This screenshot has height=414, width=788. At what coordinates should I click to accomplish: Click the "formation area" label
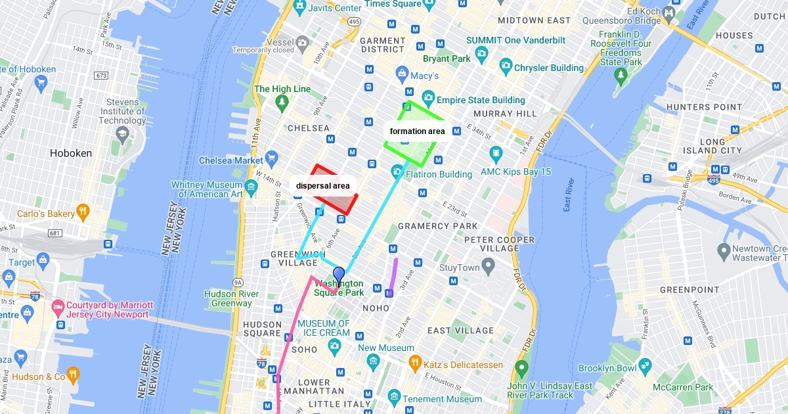(417, 131)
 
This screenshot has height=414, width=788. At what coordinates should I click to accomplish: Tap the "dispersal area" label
(323, 186)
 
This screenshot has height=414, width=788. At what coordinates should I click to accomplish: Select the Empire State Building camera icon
(428, 97)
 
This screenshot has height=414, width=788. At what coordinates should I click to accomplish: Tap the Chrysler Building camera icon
(505, 65)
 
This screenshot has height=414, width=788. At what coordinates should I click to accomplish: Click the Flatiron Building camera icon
(397, 172)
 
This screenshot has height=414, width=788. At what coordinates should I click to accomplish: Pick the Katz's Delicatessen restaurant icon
(414, 362)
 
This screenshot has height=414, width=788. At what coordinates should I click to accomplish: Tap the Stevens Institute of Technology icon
(122, 133)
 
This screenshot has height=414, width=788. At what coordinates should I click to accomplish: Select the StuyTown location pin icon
(488, 265)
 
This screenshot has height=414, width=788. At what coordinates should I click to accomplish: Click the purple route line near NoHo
(393, 275)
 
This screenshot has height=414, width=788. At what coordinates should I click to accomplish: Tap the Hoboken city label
(71, 153)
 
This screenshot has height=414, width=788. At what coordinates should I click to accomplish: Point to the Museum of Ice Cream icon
(335, 346)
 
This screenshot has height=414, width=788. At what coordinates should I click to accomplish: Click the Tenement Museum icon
(394, 396)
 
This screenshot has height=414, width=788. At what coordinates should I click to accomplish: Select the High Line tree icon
(282, 103)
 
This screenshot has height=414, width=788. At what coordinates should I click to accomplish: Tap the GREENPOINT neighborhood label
(689, 289)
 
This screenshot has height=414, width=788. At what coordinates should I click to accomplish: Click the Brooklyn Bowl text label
(607, 369)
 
